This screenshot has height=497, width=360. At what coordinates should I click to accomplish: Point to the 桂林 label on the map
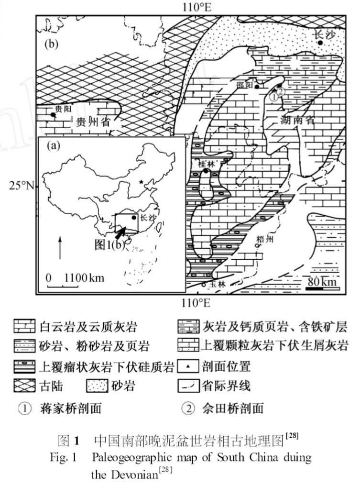207,164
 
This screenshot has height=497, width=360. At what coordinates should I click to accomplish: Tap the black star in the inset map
141,182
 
